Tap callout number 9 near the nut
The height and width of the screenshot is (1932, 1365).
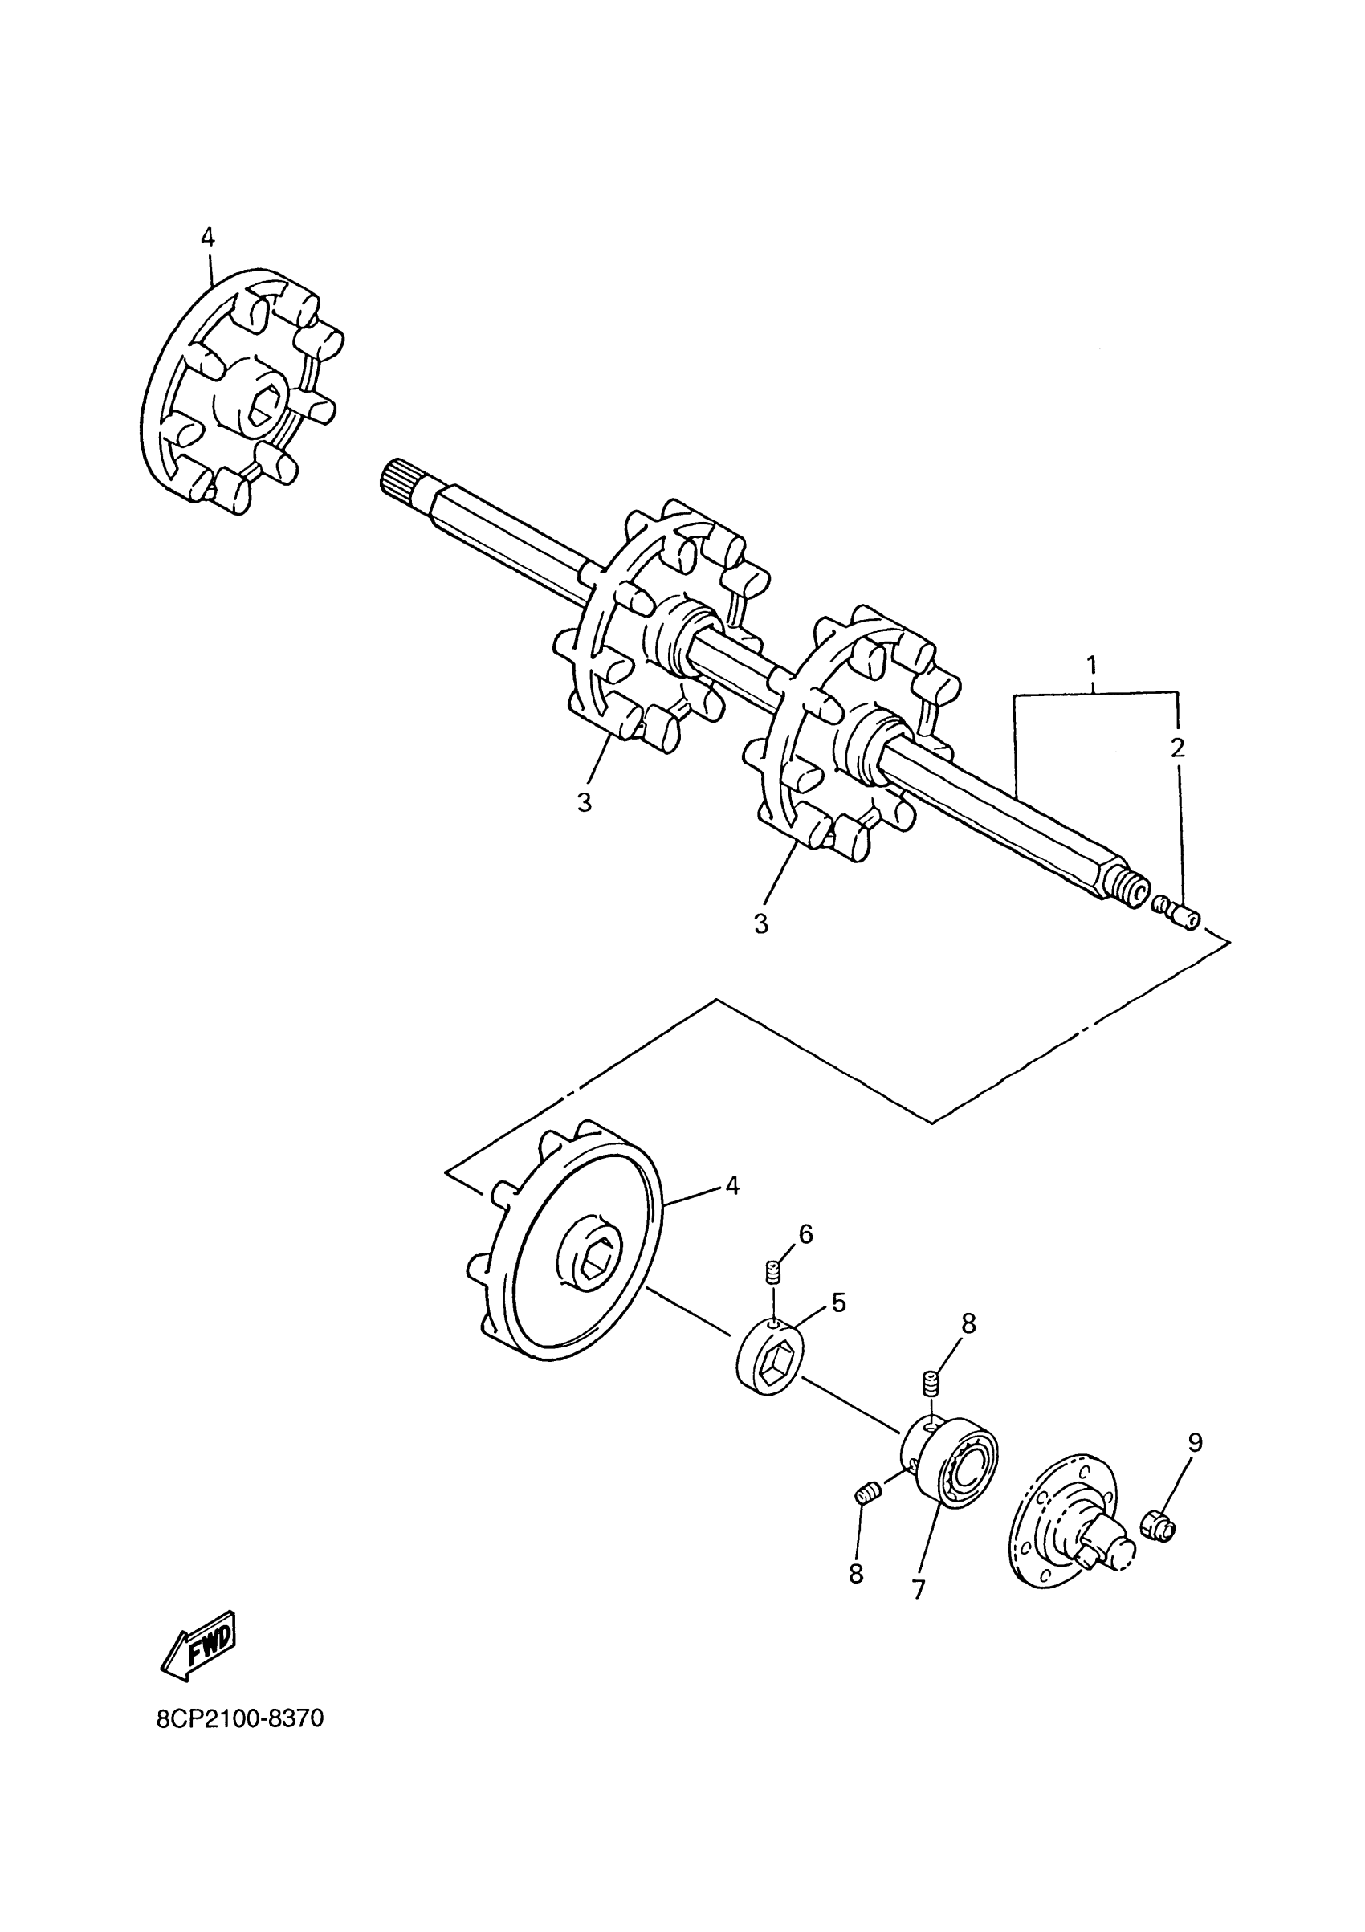(x=1195, y=1442)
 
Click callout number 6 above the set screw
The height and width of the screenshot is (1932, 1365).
(x=805, y=1233)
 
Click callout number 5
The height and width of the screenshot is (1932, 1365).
(x=838, y=1302)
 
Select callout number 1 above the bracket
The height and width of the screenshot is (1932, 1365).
(x=1091, y=666)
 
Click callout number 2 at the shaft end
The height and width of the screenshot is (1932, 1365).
(x=1177, y=748)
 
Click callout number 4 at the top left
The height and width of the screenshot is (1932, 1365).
(x=208, y=238)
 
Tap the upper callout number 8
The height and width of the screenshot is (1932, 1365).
(x=968, y=1323)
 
